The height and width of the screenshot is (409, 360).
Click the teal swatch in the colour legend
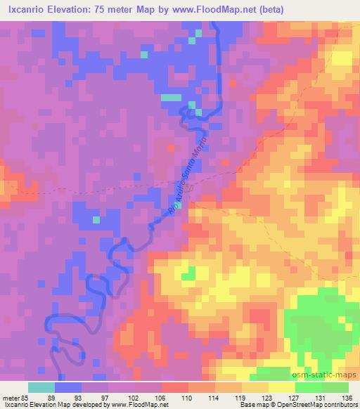[41, 387]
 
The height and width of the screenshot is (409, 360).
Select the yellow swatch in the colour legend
[282, 387]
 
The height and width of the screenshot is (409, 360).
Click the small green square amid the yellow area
[187, 273]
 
